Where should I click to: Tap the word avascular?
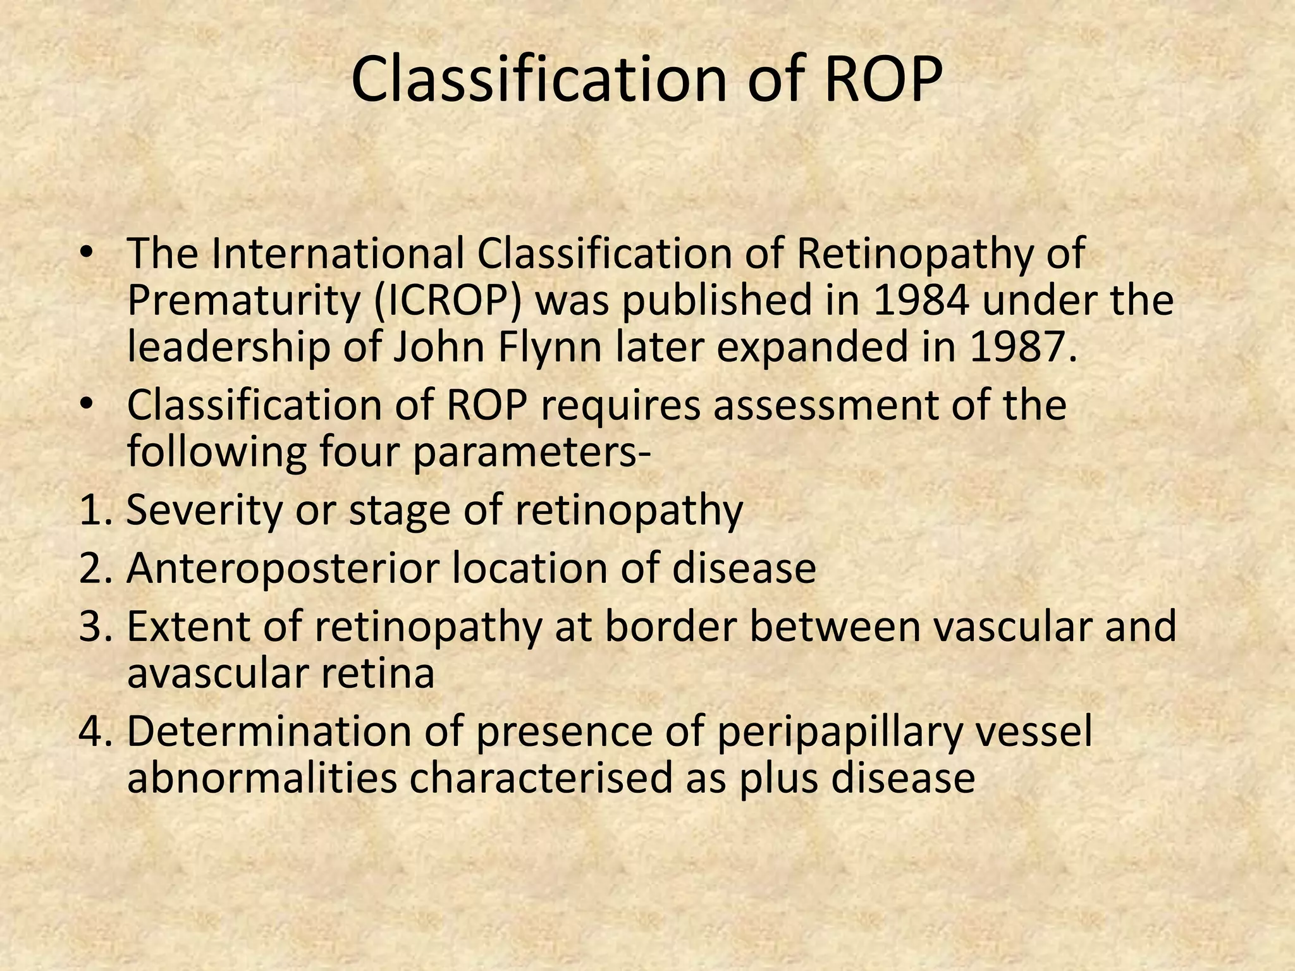coord(218,674)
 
